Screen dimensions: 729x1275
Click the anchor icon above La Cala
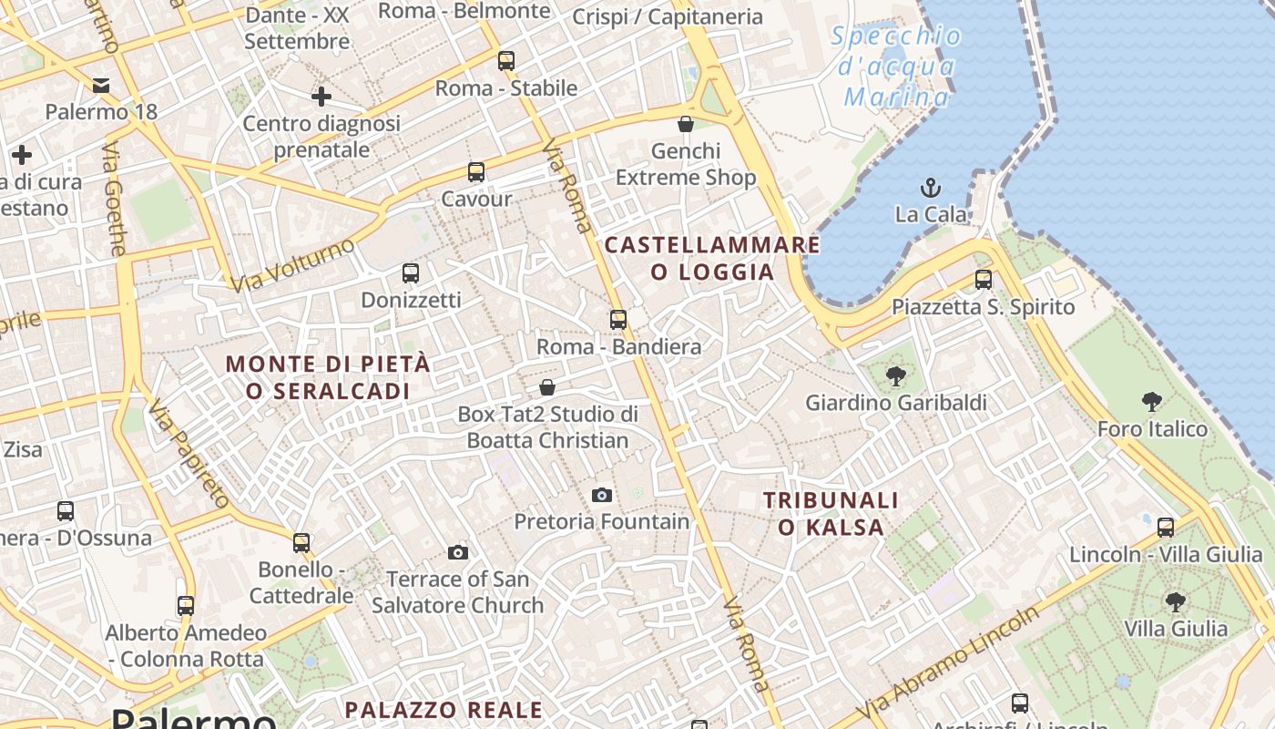click(930, 189)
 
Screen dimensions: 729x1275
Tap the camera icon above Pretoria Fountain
click(601, 495)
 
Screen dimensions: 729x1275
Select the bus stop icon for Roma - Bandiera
click(618, 320)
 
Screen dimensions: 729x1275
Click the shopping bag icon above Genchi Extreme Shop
click(686, 124)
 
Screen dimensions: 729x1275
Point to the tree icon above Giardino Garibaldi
click(896, 375)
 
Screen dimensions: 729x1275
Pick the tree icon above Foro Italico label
click(1152, 401)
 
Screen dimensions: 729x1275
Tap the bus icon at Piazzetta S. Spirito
click(983, 280)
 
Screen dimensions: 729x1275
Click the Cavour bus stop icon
click(475, 172)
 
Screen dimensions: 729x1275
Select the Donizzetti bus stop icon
click(411, 273)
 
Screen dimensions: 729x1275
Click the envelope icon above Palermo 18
click(101, 86)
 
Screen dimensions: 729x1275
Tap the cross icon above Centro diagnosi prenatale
click(321, 96)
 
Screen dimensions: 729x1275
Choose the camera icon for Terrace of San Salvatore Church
click(458, 552)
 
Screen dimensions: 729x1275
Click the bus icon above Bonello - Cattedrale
click(301, 543)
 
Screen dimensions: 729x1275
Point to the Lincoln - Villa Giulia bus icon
click(1165, 527)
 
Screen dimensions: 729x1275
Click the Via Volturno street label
click(291, 265)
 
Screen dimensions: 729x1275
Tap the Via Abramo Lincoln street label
click(947, 662)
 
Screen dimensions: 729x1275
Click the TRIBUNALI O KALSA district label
click(831, 513)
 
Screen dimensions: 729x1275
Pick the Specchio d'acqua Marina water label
click(896, 67)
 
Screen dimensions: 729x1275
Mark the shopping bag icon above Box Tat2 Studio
click(547, 387)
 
